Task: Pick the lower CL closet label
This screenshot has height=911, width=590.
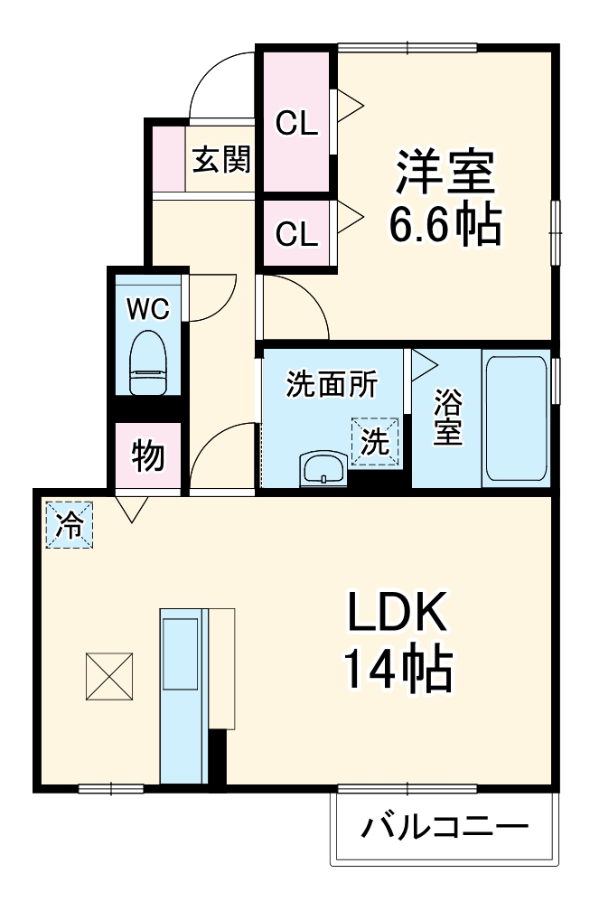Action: (x=297, y=235)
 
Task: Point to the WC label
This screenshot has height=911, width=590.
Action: (x=147, y=309)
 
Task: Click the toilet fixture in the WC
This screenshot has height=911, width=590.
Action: (x=147, y=362)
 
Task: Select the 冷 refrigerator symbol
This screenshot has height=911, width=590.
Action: (x=70, y=525)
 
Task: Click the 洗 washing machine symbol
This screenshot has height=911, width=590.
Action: (x=374, y=442)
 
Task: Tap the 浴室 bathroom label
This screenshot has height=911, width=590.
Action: (x=447, y=418)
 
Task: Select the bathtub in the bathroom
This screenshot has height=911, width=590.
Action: (x=516, y=418)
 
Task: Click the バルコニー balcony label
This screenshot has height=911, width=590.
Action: (x=445, y=827)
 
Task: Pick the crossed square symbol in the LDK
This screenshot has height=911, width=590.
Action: (x=110, y=675)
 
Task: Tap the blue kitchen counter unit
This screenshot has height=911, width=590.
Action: (x=183, y=694)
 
